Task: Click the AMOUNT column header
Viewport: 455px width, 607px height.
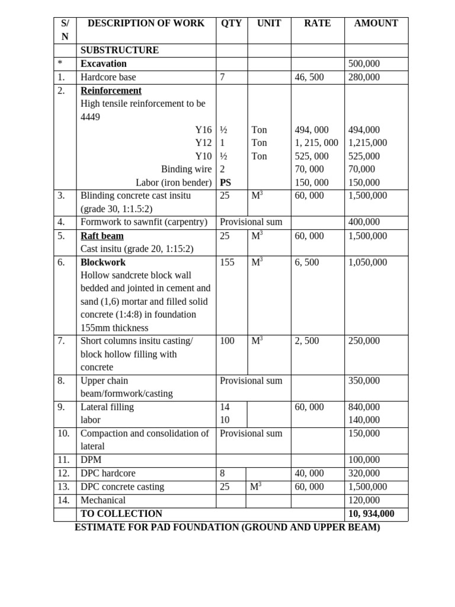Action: pyautogui.click(x=376, y=24)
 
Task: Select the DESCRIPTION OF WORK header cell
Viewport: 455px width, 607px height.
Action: pyautogui.click(x=146, y=24)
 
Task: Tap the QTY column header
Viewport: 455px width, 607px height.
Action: pyautogui.click(x=231, y=24)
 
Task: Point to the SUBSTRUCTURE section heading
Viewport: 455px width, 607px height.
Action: pyautogui.click(x=120, y=50)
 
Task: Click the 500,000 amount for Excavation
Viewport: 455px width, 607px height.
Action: pyautogui.click(x=364, y=64)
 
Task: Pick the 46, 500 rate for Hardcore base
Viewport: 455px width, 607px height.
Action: pyautogui.click(x=309, y=77)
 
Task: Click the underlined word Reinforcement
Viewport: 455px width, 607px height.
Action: pyautogui.click(x=111, y=91)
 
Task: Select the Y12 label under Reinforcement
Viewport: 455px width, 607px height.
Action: pyautogui.click(x=203, y=143)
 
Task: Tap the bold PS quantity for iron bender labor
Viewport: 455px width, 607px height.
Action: pyautogui.click(x=226, y=183)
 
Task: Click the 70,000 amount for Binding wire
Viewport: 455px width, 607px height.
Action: pyautogui.click(x=362, y=170)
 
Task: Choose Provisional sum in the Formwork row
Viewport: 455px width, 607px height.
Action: pyautogui.click(x=251, y=222)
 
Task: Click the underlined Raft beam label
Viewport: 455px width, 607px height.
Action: pyautogui.click(x=102, y=236)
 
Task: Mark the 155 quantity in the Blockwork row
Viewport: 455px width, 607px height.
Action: pyautogui.click(x=227, y=262)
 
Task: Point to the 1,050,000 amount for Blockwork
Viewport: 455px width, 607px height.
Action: pyautogui.click(x=367, y=262)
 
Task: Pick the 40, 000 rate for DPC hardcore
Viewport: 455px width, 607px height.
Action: pyautogui.click(x=309, y=474)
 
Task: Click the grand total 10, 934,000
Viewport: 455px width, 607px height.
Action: pyautogui.click(x=371, y=514)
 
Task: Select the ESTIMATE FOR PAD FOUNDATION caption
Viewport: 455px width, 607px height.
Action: pyautogui.click(x=227, y=527)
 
